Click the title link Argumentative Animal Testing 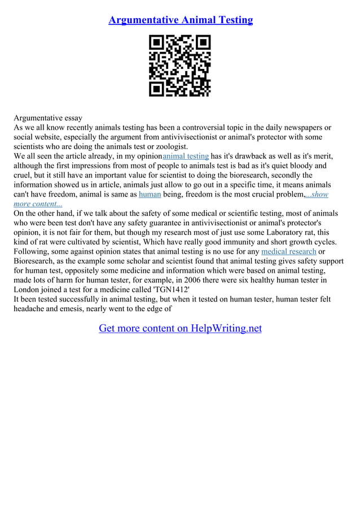180,20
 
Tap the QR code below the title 180,66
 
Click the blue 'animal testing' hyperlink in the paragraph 186,156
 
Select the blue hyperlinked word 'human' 150,194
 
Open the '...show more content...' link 317,195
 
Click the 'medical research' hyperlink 288,251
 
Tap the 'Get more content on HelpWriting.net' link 180,328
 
